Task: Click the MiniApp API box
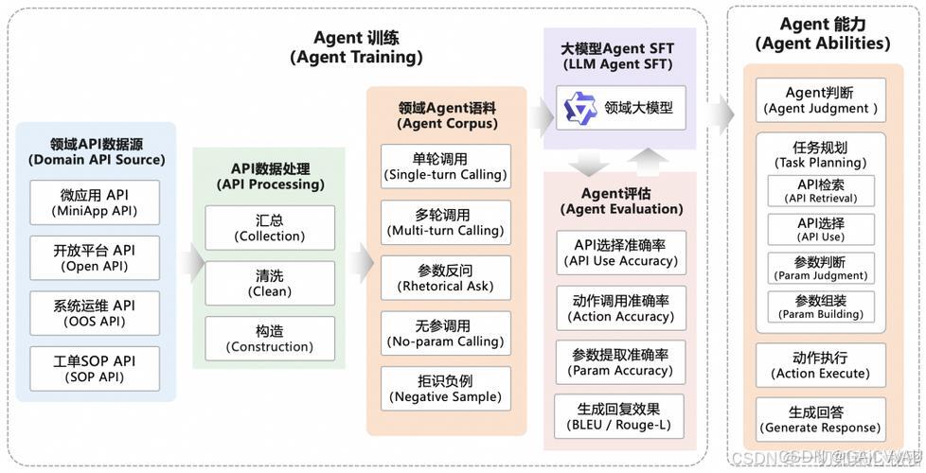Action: click(x=94, y=202)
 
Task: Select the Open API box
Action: click(x=94, y=257)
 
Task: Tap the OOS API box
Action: click(x=94, y=313)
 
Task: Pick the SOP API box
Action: click(x=94, y=369)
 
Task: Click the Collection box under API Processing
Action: click(x=269, y=227)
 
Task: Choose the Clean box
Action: click(x=269, y=283)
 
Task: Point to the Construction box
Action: click(x=269, y=339)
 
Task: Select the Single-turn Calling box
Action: click(x=445, y=166)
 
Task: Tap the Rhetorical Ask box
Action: click(x=445, y=278)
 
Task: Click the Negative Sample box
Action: click(x=445, y=389)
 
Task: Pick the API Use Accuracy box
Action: click(x=620, y=253)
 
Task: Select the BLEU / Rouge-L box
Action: click(x=620, y=417)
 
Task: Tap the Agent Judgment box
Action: click(x=820, y=100)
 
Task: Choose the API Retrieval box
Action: click(x=820, y=191)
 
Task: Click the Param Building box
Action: click(x=820, y=307)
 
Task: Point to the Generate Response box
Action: click(x=820, y=420)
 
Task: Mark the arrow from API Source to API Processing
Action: click(x=192, y=258)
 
